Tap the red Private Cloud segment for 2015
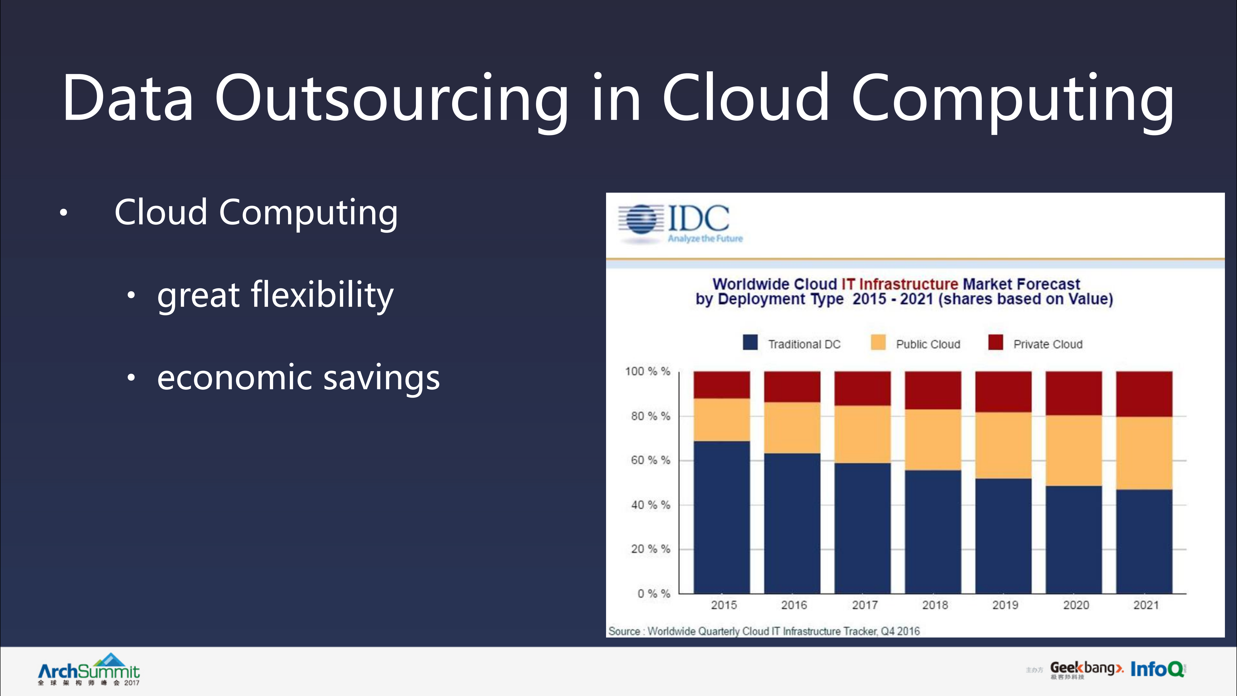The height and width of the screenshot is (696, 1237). coord(721,385)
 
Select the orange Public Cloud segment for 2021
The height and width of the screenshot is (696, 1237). coord(1144,453)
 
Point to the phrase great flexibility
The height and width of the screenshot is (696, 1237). coord(275,295)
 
